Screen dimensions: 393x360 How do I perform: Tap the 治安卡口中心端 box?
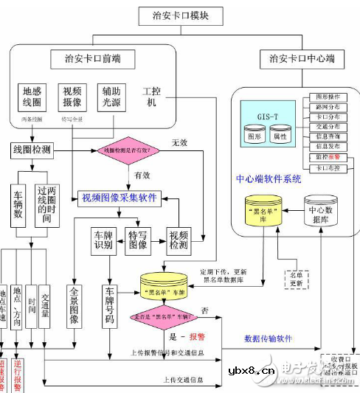tap(302, 58)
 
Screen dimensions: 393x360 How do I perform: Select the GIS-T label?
tap(268, 116)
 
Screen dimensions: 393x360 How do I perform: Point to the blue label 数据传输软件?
tap(268, 338)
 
